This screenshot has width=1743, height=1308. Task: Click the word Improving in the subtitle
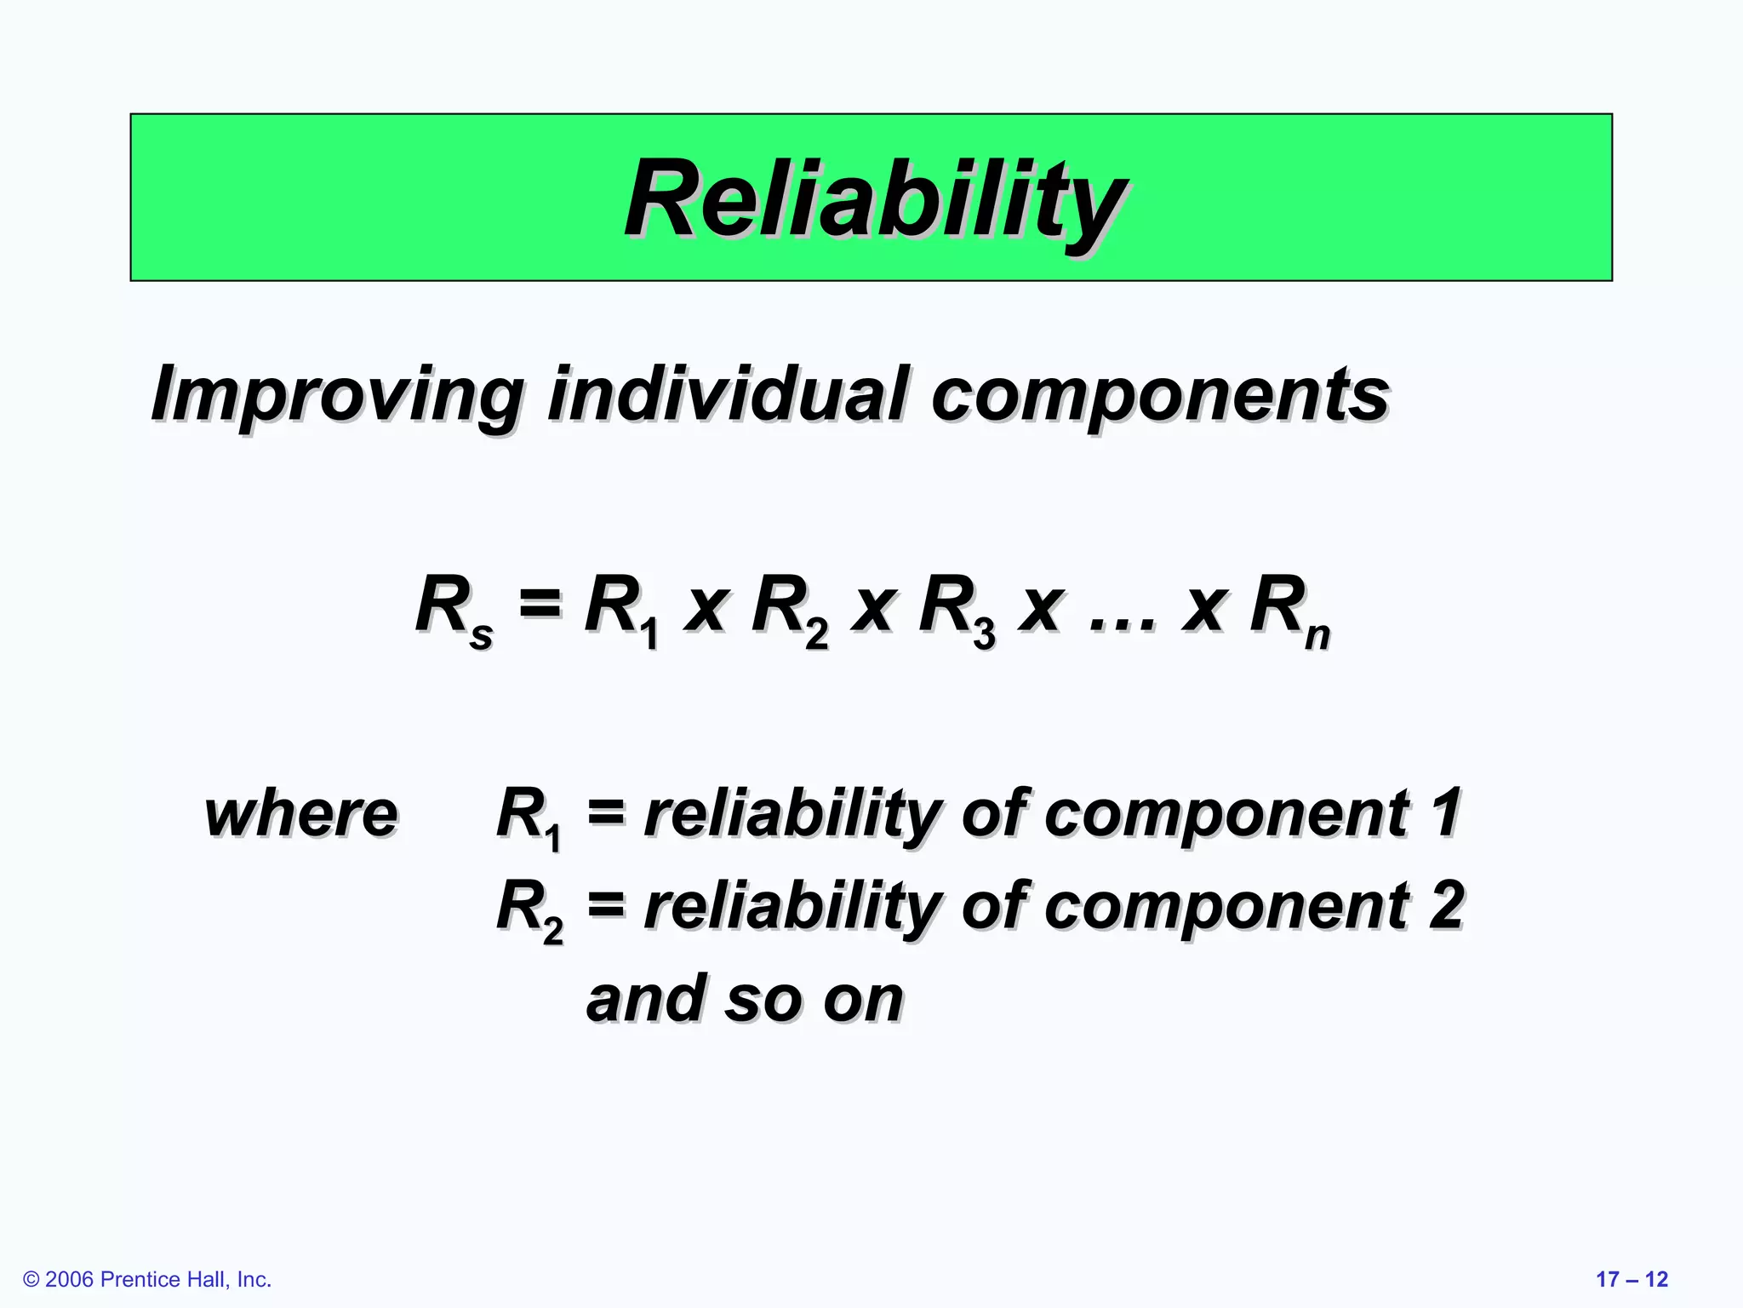click(337, 395)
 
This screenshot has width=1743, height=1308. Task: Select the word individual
click(729, 393)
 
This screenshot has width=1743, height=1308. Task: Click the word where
click(300, 816)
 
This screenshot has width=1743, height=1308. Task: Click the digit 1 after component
click(1446, 812)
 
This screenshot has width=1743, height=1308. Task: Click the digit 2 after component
click(1446, 906)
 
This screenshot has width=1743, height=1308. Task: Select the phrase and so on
click(745, 1000)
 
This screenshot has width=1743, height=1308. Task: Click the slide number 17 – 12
click(1631, 1279)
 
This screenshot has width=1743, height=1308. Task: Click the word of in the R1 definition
click(994, 814)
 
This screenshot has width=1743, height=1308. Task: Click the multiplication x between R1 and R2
click(706, 610)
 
